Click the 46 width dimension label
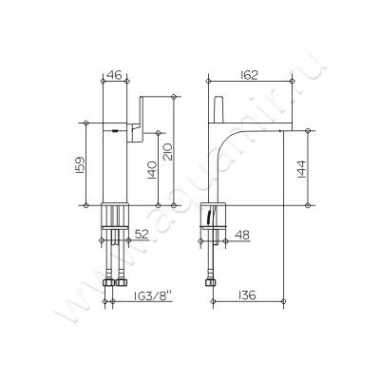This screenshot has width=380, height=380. pos(114,75)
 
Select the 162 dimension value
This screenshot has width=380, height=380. pos(249,75)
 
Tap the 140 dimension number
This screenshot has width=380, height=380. pos(152,170)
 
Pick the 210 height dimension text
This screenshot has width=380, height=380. pos(167,152)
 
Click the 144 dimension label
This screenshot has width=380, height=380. pos(301,170)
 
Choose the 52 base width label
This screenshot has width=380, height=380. pos(142,235)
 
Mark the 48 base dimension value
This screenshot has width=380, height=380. pos(242,235)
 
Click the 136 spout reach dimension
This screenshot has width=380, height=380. pos(246,295)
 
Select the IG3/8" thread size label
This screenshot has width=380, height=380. pos(153,295)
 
